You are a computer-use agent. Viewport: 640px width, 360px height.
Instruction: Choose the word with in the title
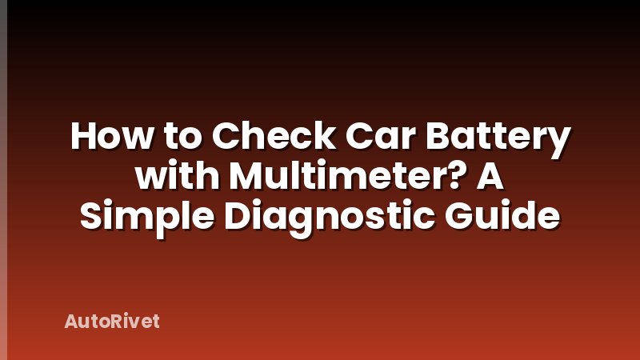170,177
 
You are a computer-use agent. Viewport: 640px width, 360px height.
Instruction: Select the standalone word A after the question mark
491,177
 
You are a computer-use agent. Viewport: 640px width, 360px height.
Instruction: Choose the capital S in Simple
92,215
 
